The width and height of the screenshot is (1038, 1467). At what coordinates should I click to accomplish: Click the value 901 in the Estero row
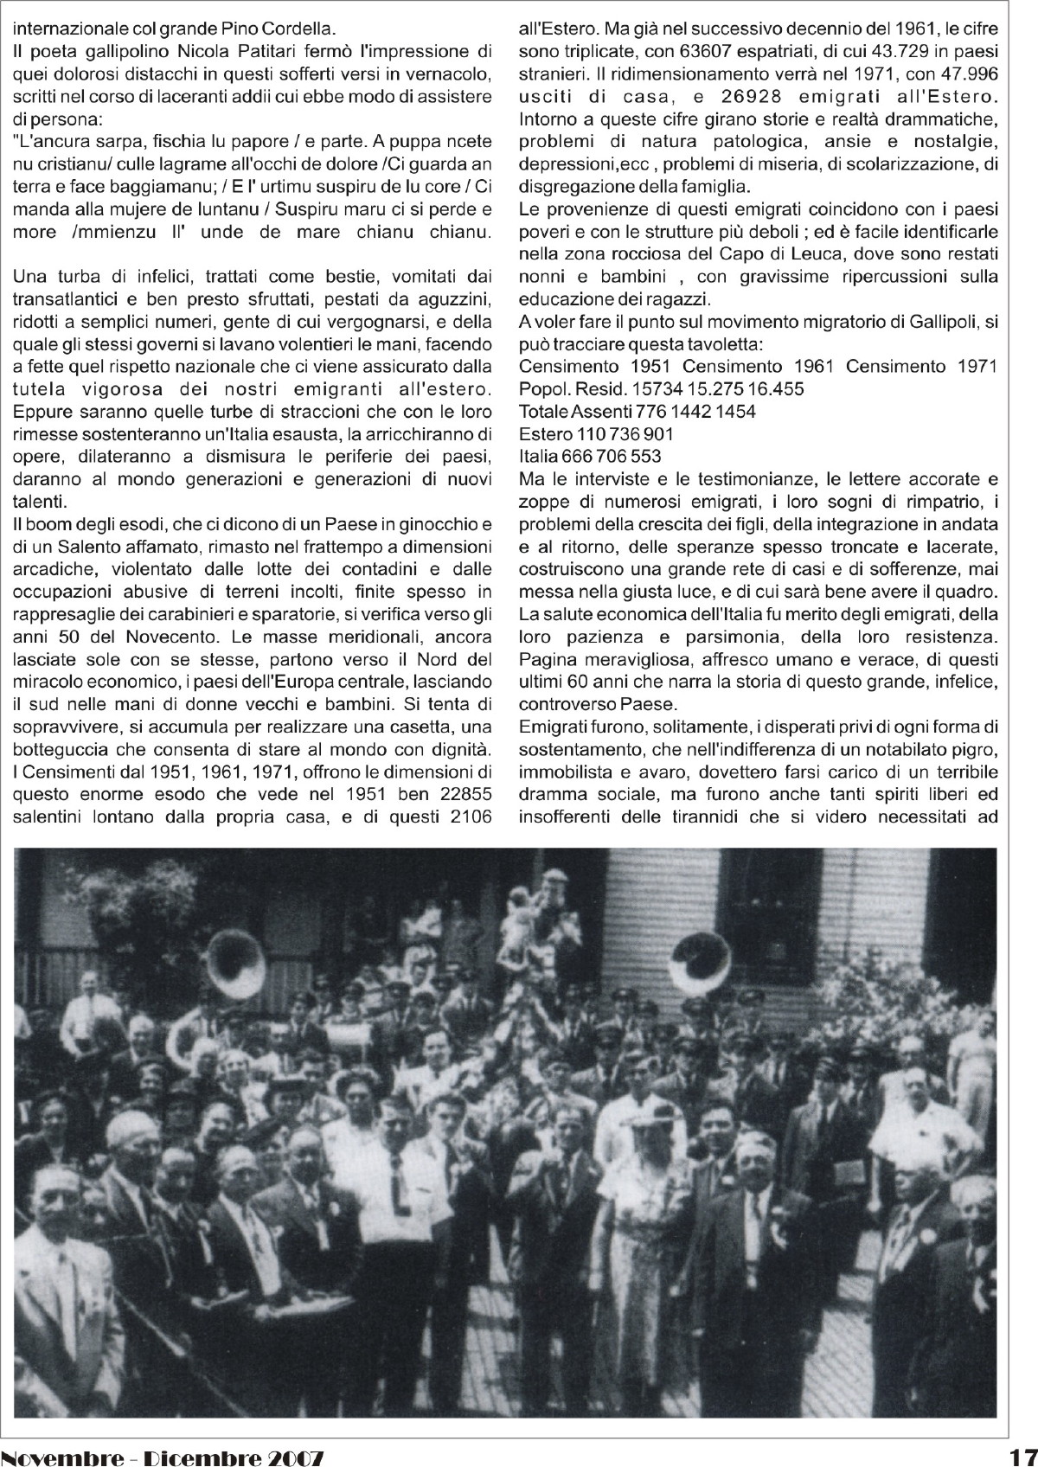[657, 433]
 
